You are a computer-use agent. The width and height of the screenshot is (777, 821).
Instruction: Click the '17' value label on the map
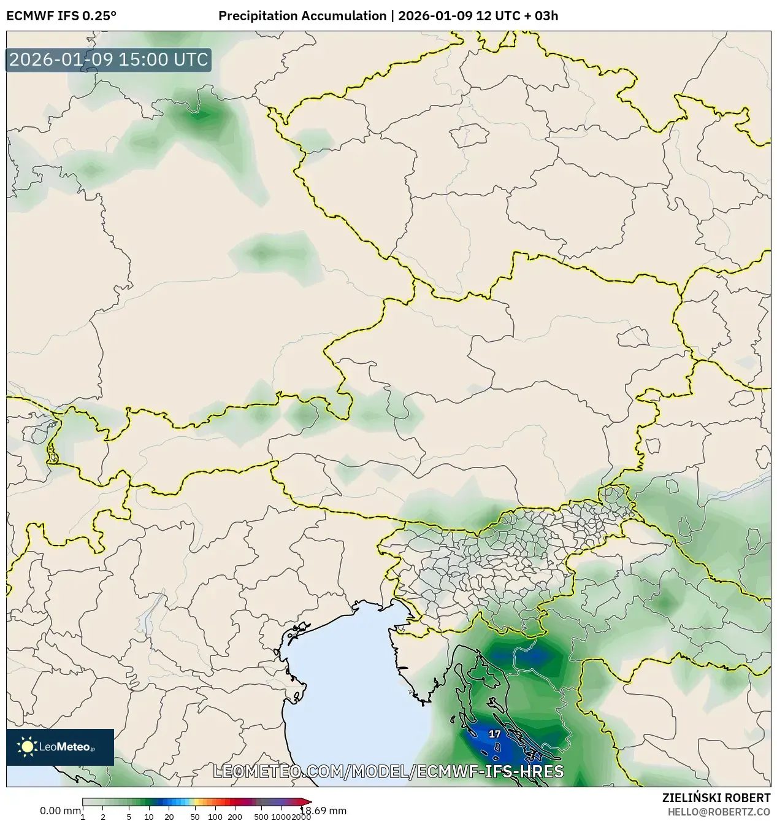click(494, 734)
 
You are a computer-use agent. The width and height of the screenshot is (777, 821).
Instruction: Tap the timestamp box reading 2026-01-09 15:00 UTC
click(109, 60)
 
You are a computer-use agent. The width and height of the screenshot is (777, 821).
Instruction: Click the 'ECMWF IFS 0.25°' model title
click(61, 16)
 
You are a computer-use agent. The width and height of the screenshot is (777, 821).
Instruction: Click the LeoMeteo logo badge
click(60, 747)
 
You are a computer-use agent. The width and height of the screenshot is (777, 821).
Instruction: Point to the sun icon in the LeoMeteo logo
click(28, 747)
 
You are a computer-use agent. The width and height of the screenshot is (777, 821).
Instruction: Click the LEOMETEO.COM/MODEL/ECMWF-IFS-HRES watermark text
click(388, 771)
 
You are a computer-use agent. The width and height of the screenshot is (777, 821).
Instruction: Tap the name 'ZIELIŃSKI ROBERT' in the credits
click(716, 798)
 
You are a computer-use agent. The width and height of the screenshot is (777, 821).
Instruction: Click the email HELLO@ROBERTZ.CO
click(719, 812)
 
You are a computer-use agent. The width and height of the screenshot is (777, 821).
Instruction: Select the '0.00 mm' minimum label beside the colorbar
click(59, 811)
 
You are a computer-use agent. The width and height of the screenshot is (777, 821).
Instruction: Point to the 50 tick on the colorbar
click(194, 816)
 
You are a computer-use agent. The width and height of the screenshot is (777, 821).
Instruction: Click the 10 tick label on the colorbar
click(148, 816)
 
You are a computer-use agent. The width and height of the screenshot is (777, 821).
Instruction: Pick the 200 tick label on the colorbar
click(235, 816)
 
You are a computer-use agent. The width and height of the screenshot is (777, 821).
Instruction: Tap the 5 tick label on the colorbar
click(129, 816)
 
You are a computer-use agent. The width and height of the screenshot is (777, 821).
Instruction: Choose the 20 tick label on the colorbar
click(169, 816)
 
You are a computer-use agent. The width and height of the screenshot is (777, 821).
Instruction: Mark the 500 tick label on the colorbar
click(261, 816)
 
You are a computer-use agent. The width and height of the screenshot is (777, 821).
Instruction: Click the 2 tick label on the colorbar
click(103, 816)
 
